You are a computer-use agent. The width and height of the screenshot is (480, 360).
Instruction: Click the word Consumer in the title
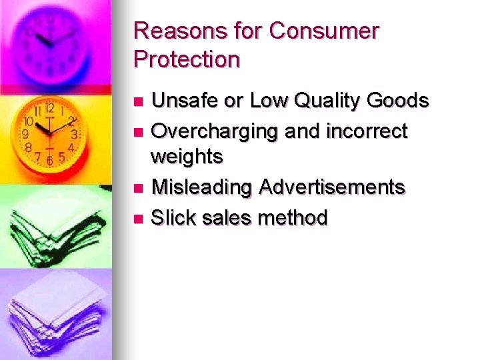(324, 31)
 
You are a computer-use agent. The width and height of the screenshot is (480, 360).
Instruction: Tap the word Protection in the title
(187, 59)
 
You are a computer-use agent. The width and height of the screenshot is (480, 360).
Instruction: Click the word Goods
(399, 101)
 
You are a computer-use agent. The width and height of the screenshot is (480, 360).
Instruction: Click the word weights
(187, 157)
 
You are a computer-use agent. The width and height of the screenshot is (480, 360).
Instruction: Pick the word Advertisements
(332, 187)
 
